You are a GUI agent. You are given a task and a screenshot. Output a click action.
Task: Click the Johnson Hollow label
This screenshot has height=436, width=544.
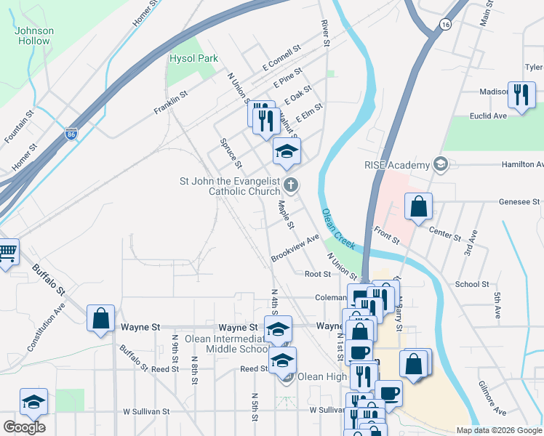click(34, 36)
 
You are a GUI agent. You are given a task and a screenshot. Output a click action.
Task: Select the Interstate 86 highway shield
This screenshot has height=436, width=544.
click(71, 134)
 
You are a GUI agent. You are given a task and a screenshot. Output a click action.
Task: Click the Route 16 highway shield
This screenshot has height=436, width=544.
click(445, 25)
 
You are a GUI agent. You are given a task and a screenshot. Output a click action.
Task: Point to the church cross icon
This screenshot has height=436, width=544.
click(290, 185)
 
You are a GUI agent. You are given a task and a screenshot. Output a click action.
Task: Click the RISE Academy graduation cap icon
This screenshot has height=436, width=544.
click(439, 165)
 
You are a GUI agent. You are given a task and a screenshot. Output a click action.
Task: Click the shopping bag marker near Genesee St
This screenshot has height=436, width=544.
click(419, 206)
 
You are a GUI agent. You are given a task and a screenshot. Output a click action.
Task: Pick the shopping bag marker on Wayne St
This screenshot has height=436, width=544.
click(100, 318)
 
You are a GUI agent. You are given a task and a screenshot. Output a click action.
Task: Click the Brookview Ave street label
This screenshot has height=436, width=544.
click(295, 249)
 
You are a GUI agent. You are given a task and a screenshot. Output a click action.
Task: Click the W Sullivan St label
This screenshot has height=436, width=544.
click(146, 411)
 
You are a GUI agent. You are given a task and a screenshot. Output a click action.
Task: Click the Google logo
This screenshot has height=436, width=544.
click(24, 427)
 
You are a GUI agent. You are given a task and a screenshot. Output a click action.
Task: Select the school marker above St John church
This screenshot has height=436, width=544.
click(287, 151)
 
